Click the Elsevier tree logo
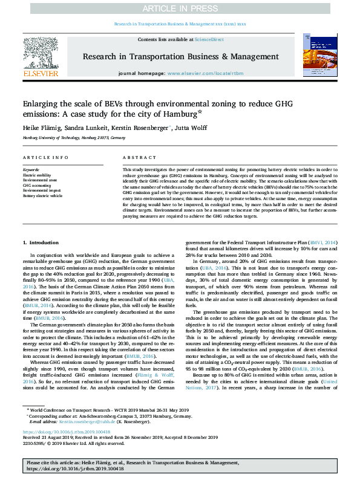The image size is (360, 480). coord(41,55)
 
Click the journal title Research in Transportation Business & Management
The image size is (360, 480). coord(180,56)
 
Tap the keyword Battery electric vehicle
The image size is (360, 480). coord(42,196)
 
